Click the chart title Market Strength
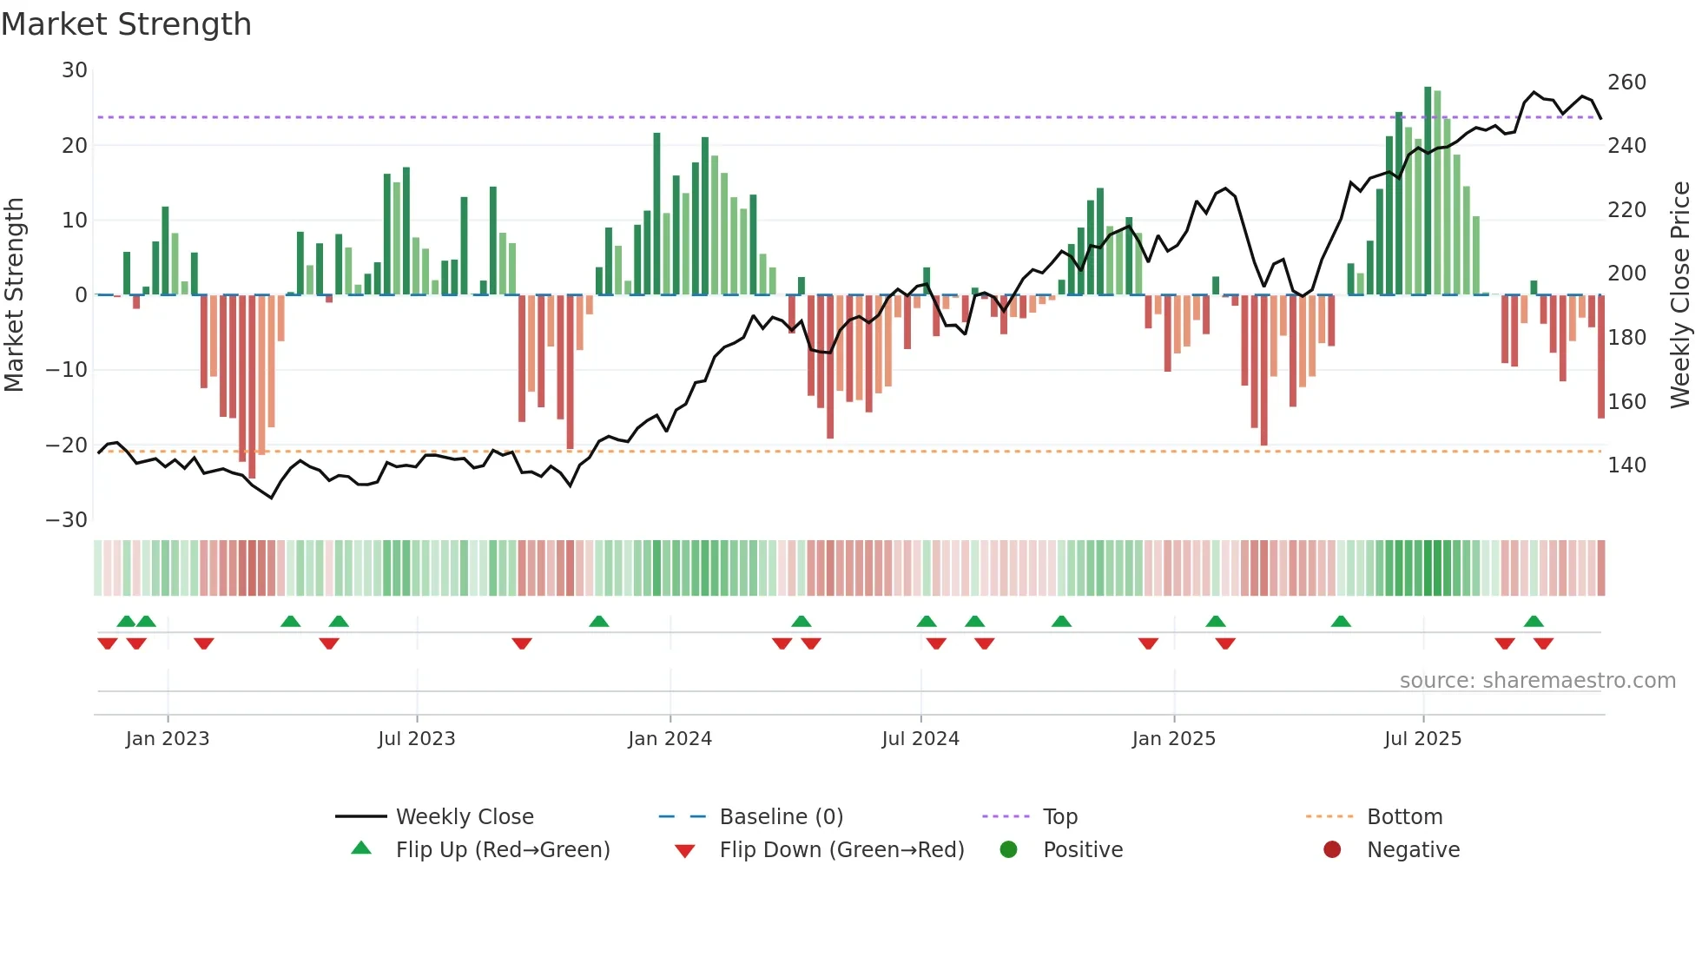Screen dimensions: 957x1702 coord(126,24)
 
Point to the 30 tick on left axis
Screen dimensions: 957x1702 coord(75,70)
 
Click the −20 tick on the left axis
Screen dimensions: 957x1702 coord(67,445)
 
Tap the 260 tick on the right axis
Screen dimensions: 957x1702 coord(1626,82)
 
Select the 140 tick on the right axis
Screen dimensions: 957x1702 coord(1626,465)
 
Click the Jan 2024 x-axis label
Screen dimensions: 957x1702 coord(670,739)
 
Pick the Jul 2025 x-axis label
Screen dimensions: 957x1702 coord(1422,739)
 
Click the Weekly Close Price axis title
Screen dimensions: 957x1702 coord(1680,295)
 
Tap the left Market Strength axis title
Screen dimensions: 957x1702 coord(14,295)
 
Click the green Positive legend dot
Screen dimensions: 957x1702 coord(1008,849)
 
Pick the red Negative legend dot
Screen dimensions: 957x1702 coord(1332,849)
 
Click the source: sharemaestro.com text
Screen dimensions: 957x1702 coord(1537,681)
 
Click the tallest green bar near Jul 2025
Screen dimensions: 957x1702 coord(1428,191)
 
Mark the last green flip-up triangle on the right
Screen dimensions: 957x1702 coord(1534,621)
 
